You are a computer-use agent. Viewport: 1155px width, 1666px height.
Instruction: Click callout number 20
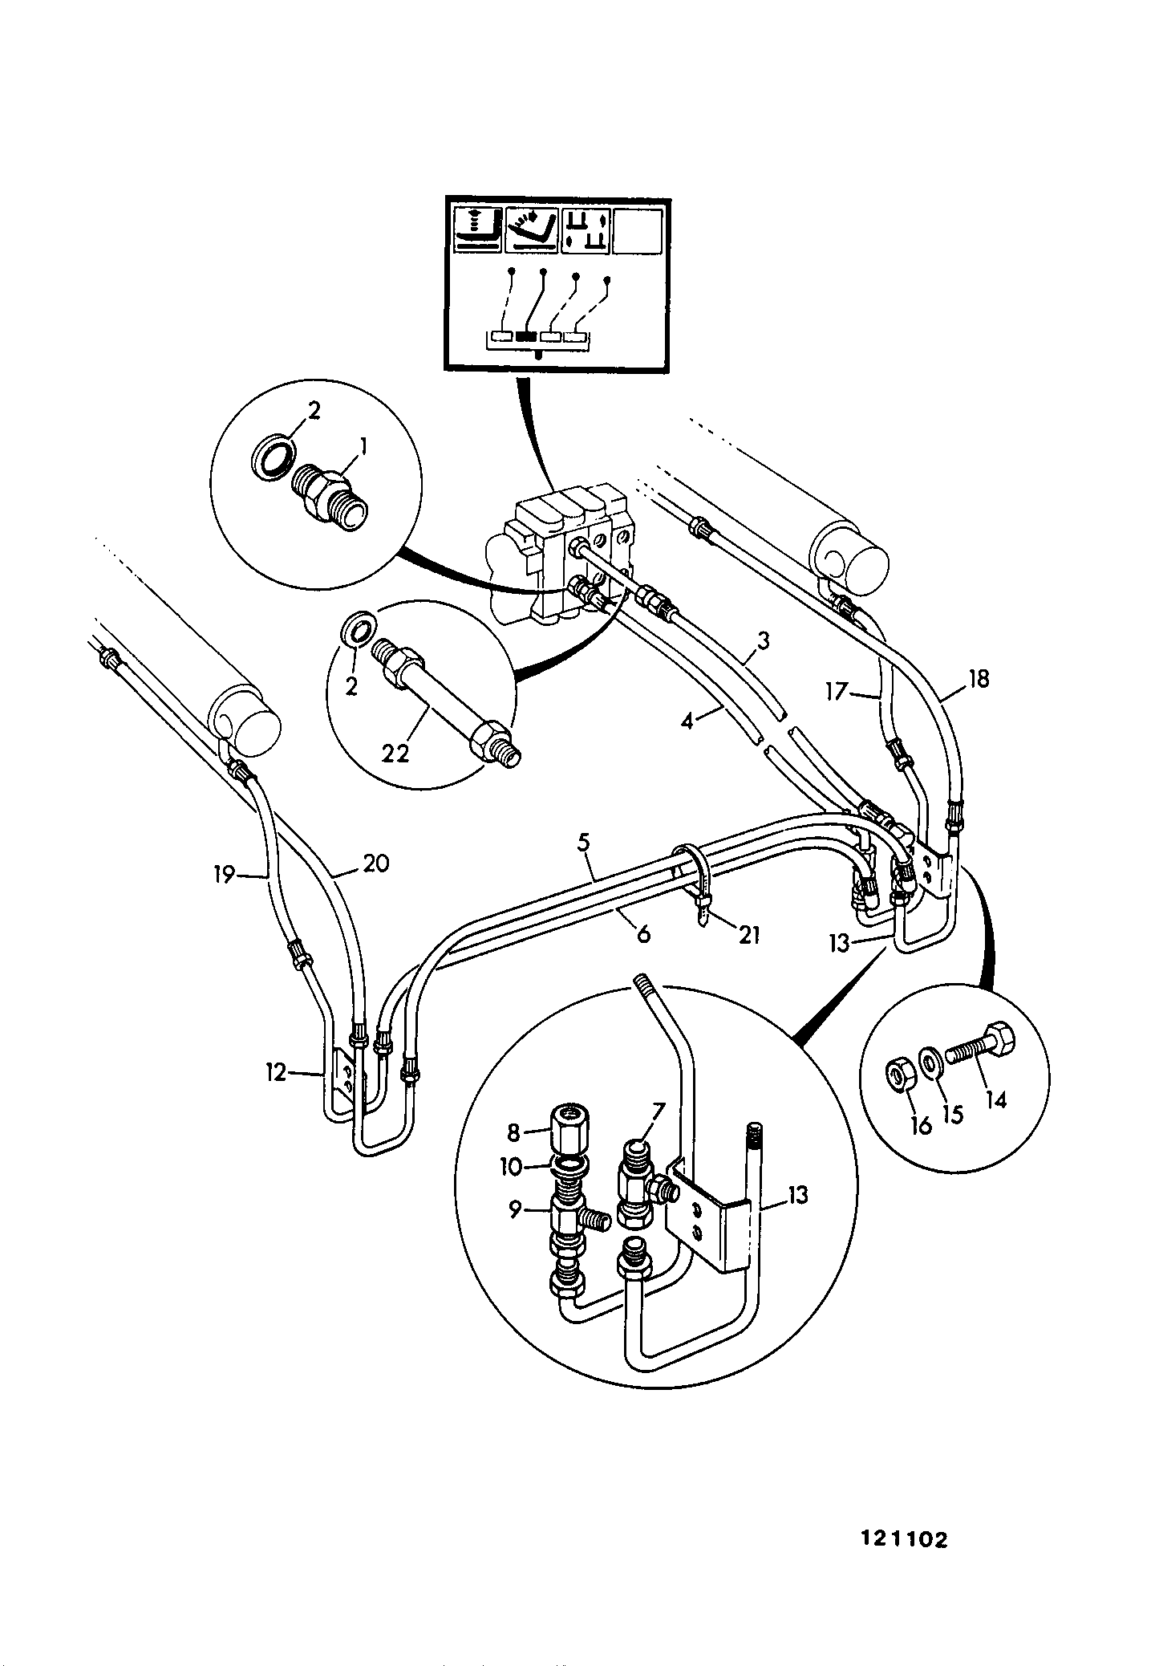click(376, 863)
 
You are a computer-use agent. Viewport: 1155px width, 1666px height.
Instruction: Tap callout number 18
click(979, 679)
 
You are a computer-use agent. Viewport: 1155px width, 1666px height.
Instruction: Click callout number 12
click(275, 1072)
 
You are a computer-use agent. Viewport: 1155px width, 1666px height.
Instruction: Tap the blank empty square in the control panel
click(638, 231)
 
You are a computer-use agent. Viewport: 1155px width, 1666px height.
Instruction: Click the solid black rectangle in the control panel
click(527, 337)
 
